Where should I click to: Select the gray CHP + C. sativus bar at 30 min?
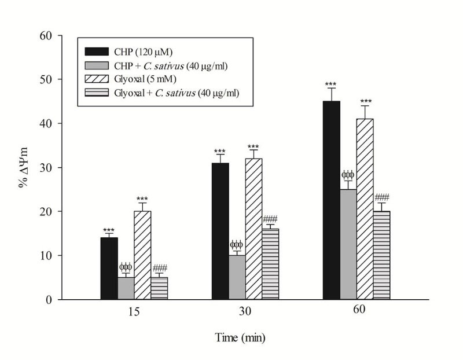237,277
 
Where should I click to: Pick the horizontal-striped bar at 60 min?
381,255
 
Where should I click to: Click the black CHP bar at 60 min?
331,200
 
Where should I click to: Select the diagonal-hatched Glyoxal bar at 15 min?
142,255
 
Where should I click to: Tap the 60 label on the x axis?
357,310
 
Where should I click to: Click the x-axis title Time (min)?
240,337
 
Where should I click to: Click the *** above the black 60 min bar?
331,83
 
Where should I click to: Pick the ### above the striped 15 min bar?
160,267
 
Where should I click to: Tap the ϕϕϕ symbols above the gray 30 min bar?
237,245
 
